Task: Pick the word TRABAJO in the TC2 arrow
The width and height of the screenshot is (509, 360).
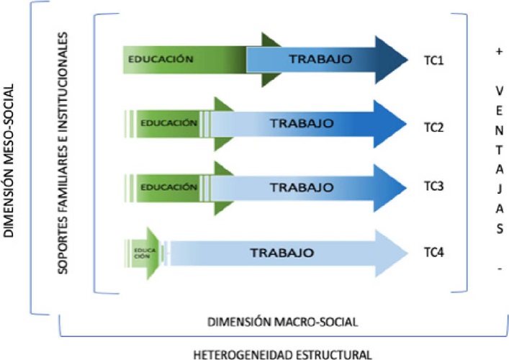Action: pos(302,123)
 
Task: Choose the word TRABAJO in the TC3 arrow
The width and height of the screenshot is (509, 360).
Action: pos(302,186)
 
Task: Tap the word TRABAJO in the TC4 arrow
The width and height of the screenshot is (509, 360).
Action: pos(282,253)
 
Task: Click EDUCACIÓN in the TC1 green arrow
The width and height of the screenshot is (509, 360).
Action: pos(161,59)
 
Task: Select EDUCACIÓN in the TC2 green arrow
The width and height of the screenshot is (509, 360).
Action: pos(169,123)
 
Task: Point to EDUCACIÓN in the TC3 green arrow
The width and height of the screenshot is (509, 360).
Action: pos(169,186)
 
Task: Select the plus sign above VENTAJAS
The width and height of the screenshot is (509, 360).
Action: pos(499,53)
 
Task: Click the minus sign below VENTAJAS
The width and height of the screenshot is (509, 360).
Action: pos(499,268)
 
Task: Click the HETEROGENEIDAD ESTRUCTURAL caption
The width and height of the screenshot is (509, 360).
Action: pos(282,353)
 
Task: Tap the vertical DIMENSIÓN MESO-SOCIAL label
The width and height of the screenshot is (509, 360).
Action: pos(12,160)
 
